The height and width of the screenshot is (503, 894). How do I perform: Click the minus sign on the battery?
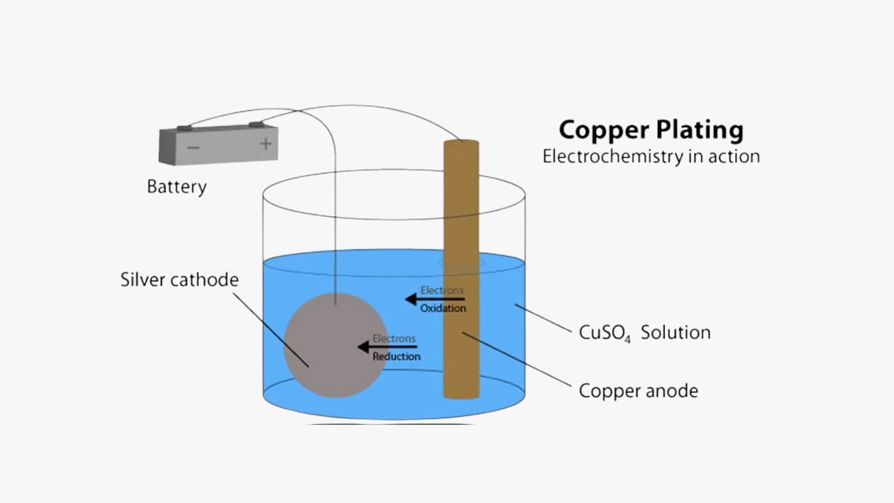pos(193,148)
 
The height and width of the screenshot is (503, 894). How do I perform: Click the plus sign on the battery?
pos(266,144)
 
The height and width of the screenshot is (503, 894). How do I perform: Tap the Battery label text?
pos(177,186)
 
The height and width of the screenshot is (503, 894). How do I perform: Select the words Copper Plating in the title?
pos(651,130)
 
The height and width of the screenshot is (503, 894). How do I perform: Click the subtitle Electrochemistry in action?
pos(651,156)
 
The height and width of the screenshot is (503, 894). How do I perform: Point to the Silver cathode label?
pos(179,279)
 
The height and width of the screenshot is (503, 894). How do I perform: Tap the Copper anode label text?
pos(638,391)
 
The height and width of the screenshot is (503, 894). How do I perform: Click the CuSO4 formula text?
pos(604,333)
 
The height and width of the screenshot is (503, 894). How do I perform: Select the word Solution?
pos(676,333)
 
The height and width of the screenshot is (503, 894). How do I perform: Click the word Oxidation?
pos(443,308)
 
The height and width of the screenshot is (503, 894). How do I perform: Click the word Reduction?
pos(396,357)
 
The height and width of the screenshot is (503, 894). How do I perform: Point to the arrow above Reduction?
pos(387,347)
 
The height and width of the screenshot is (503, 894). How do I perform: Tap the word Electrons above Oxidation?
pos(442,291)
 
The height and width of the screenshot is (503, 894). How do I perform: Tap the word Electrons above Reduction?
pos(394,339)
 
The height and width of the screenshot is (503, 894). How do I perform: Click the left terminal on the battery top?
pos(184,128)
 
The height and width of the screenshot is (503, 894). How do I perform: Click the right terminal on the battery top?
pos(256,124)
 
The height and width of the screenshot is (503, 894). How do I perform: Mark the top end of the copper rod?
pos(462,142)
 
